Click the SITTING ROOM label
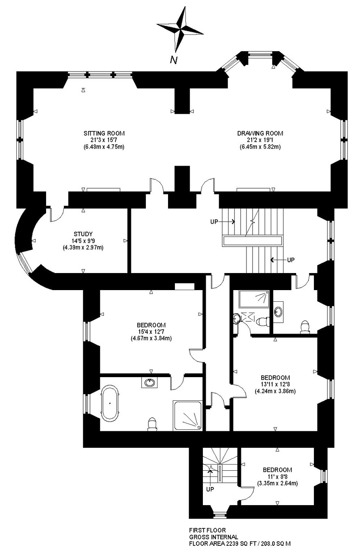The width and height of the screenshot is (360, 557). pyautogui.click(x=104, y=133)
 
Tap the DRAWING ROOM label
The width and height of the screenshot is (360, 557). pyautogui.click(x=260, y=133)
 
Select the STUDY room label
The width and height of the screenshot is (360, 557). pyautogui.click(x=83, y=234)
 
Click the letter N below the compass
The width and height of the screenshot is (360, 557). pyautogui.click(x=174, y=59)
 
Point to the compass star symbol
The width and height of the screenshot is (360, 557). pyautogui.click(x=180, y=29)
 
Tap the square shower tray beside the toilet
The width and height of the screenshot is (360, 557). pyautogui.click(x=188, y=415)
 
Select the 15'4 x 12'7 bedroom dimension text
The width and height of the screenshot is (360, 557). pyautogui.click(x=151, y=331)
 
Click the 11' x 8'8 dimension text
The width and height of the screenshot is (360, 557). pyautogui.click(x=277, y=477)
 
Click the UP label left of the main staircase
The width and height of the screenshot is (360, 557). pyautogui.click(x=214, y=222)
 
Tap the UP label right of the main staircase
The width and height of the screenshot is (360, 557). pyautogui.click(x=291, y=260)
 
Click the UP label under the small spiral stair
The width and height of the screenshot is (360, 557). pyautogui.click(x=210, y=489)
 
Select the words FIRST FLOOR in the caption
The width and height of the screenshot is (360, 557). pyautogui.click(x=208, y=530)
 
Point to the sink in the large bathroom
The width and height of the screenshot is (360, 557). pyautogui.click(x=149, y=383)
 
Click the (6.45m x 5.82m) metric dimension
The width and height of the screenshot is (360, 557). pyautogui.click(x=260, y=147)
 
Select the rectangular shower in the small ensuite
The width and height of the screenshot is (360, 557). pyautogui.click(x=254, y=299)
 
